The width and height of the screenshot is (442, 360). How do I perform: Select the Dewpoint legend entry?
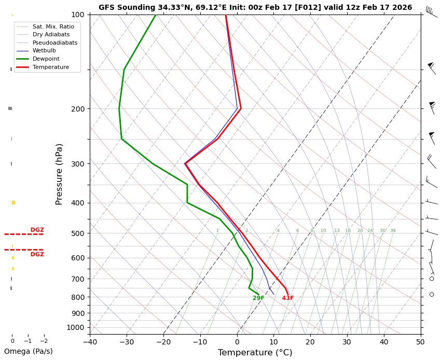coord(43,59)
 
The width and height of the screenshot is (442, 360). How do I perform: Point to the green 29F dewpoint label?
coord(258,298)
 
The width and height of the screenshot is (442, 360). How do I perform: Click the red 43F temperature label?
coord(288,298)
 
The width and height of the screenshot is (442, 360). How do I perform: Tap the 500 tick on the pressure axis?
coord(77,233)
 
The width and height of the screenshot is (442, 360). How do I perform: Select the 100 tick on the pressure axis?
coord(77,15)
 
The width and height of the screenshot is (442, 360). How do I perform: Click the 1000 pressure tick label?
coord(75,327)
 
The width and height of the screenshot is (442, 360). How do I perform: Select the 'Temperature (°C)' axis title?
coord(255,353)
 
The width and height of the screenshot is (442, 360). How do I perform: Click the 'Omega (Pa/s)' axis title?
coord(28,351)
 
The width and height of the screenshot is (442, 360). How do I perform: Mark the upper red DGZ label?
coord(37,230)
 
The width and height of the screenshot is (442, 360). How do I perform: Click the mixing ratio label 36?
coord(393,230)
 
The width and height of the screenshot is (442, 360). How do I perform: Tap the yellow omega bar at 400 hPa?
coord(13,202)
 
